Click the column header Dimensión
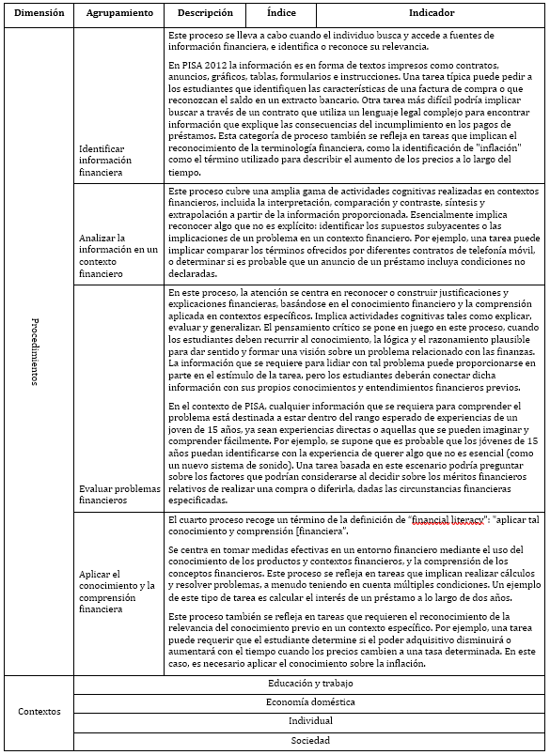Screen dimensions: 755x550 click(x=39, y=14)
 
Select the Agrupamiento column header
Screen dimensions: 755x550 click(x=118, y=14)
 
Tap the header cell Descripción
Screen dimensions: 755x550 click(x=204, y=14)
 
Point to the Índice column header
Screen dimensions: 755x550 click(x=280, y=14)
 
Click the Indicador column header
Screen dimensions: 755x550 click(x=431, y=14)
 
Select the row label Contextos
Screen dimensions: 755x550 click(x=39, y=711)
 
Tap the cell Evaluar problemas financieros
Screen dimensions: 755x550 click(x=119, y=495)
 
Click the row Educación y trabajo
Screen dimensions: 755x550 click(x=310, y=684)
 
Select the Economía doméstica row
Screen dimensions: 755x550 click(x=310, y=701)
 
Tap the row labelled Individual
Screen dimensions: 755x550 click(x=310, y=720)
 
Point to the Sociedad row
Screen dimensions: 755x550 click(x=310, y=740)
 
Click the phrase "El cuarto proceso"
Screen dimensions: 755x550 click(x=201, y=519)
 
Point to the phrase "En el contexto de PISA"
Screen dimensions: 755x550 click(x=213, y=406)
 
